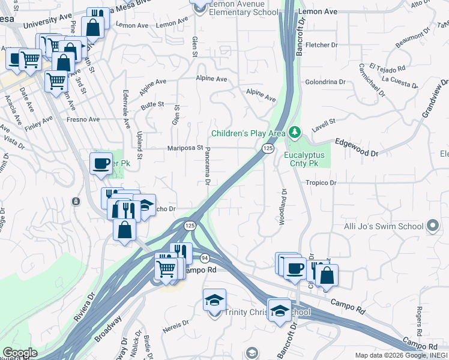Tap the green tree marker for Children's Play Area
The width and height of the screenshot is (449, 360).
(x=294, y=131)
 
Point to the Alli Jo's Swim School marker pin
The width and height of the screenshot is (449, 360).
(x=432, y=226)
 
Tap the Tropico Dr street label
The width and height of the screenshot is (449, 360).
(x=321, y=182)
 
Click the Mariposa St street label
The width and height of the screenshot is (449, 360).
(x=181, y=148)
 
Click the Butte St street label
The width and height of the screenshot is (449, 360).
(x=152, y=104)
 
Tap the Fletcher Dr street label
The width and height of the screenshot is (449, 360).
(x=321, y=45)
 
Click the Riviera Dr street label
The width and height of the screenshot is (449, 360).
(x=84, y=308)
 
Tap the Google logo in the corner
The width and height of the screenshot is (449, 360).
(x=19, y=353)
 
